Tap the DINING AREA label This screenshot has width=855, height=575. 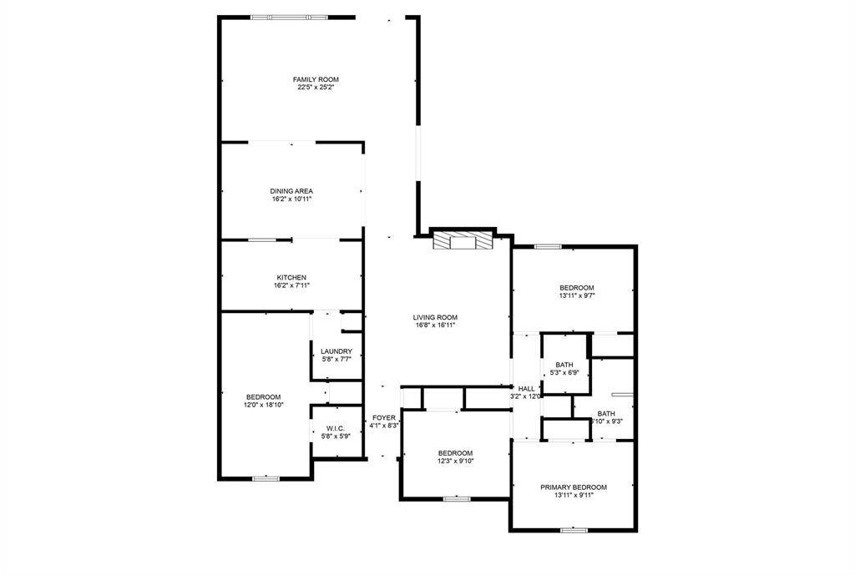[291, 191]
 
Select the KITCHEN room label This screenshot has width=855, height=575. [291, 277]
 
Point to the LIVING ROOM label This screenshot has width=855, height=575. [435, 317]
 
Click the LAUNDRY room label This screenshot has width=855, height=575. [336, 351]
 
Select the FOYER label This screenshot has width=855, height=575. [384, 417]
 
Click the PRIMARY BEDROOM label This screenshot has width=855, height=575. [573, 487]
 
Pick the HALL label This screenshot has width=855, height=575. [526, 389]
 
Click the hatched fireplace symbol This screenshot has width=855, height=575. [462, 242]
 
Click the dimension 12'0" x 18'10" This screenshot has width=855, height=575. [263, 405]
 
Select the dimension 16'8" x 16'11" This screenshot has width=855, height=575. [435, 325]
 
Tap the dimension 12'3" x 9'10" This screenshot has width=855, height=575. [455, 461]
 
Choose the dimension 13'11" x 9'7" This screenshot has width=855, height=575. [576, 295]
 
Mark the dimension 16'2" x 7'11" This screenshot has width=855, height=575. [291, 285]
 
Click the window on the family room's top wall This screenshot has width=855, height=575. [290, 17]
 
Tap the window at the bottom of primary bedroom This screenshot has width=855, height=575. [574, 529]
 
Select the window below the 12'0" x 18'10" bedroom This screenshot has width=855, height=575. [266, 478]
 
